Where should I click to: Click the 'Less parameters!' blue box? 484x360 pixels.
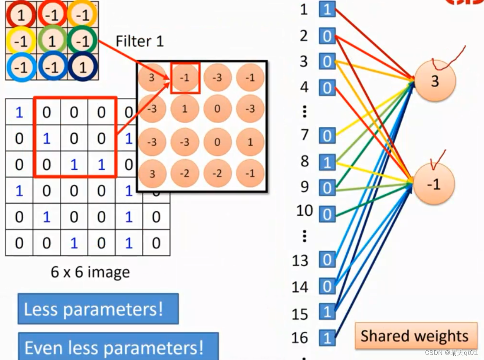coord(98,309)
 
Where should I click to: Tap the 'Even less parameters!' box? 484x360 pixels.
coord(118,347)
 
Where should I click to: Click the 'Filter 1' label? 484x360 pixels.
coord(139,41)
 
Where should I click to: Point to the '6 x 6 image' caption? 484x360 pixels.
coord(90,272)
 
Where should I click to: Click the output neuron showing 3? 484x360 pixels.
coord(435,81)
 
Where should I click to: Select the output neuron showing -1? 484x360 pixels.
coord(433,184)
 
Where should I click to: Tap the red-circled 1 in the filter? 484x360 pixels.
coord(20,16)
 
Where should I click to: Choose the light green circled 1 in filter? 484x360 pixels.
coord(51,42)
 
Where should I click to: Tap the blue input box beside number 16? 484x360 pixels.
coord(327,337)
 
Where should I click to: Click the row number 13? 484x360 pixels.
coord(300,261)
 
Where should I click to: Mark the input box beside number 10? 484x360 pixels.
coord(327,214)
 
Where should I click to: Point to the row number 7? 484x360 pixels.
coord(305,135)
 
